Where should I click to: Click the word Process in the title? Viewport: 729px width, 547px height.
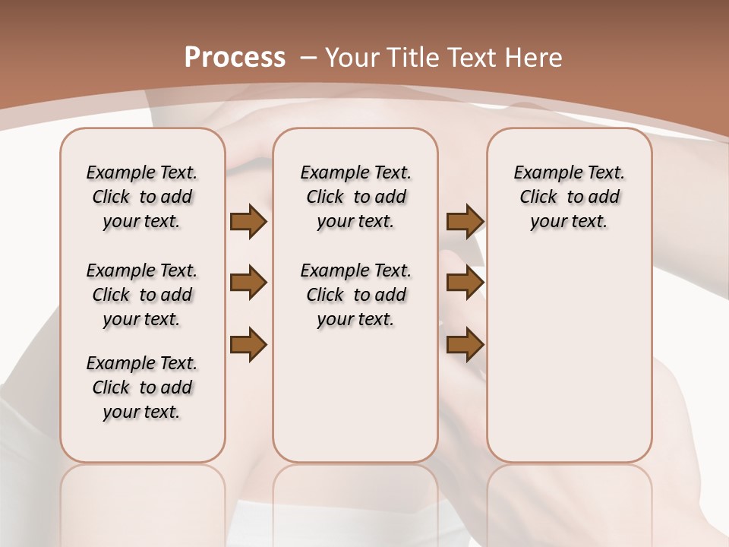[x=235, y=57]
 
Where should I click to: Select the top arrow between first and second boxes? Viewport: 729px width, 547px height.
[x=248, y=222]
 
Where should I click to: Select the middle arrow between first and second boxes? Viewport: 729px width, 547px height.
[x=248, y=283]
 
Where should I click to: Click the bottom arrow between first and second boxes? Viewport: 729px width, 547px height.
[x=248, y=344]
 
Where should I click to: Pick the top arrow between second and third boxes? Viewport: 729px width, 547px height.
[x=465, y=222]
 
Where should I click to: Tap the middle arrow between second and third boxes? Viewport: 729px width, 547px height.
[x=465, y=283]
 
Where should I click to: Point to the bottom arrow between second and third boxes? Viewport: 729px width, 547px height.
[x=465, y=344]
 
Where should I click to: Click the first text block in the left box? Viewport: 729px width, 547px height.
[x=142, y=197]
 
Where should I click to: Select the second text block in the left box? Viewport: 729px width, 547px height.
[x=142, y=295]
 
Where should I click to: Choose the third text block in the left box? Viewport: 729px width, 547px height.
[x=142, y=387]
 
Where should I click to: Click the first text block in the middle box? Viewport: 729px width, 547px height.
[x=355, y=197]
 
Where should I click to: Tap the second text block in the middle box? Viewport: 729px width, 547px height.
[x=355, y=295]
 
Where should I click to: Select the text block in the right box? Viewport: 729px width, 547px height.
[x=569, y=197]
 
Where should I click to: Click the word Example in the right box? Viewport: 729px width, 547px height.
[x=541, y=173]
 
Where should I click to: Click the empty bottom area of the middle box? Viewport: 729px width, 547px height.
[x=355, y=403]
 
